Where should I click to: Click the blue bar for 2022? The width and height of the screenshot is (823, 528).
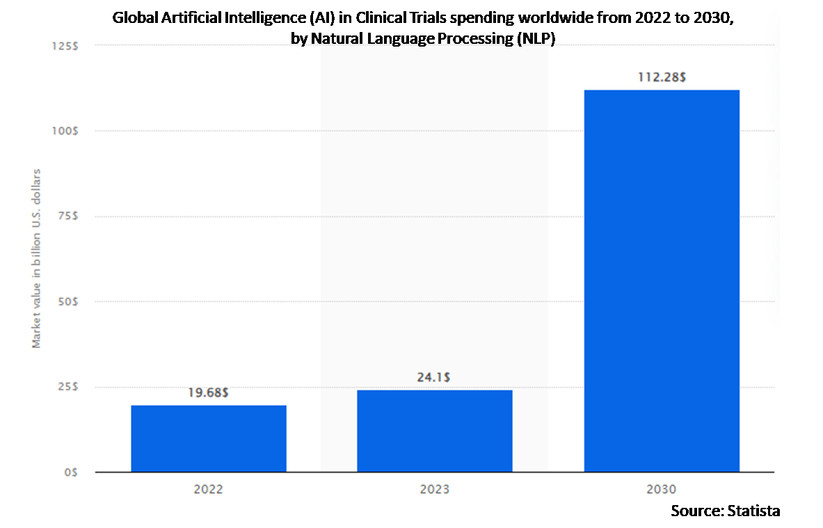[209, 438]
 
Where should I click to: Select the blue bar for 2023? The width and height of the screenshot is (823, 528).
[435, 431]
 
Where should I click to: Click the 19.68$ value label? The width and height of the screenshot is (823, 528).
[209, 393]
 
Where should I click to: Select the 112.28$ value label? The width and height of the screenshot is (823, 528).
[662, 77]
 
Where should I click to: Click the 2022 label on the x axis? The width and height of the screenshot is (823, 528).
[209, 489]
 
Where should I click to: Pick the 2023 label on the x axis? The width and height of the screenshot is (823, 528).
[435, 489]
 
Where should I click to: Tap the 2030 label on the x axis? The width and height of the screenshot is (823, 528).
[662, 489]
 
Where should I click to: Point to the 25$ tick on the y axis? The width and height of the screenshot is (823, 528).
[67, 387]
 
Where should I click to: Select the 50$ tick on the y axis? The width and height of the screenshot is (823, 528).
[67, 302]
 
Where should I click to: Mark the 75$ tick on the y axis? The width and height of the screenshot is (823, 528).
[67, 216]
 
